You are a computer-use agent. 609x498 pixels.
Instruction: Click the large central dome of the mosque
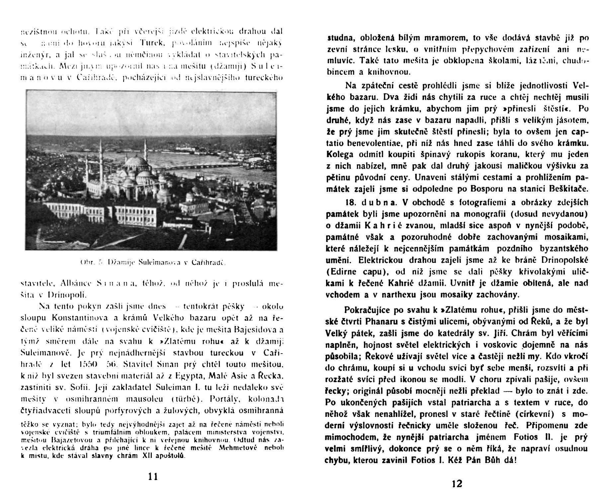pyautogui.click(x=134, y=163)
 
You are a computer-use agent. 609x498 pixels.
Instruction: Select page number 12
pyautogui.click(x=457, y=483)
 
